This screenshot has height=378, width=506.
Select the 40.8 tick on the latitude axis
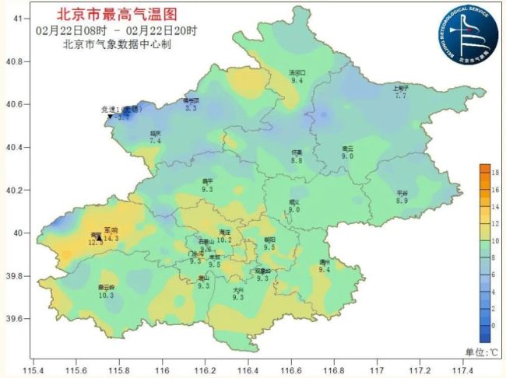click(x=18, y=61)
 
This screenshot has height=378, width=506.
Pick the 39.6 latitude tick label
click(x=18, y=319)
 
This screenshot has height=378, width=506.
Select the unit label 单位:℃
click(x=482, y=352)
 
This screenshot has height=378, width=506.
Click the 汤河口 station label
click(x=297, y=72)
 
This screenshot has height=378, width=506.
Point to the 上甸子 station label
click(x=401, y=88)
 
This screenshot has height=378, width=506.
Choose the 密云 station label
click(x=347, y=148)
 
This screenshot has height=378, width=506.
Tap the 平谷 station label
click(x=402, y=192)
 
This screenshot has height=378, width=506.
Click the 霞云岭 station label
click(x=107, y=287)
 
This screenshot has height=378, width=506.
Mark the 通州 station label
click(x=325, y=261)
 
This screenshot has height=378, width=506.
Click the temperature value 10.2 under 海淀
click(x=225, y=240)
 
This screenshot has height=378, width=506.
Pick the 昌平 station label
click(x=208, y=180)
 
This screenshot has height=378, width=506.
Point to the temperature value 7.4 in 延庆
click(x=155, y=142)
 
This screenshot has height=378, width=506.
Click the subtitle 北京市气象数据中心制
click(x=117, y=44)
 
